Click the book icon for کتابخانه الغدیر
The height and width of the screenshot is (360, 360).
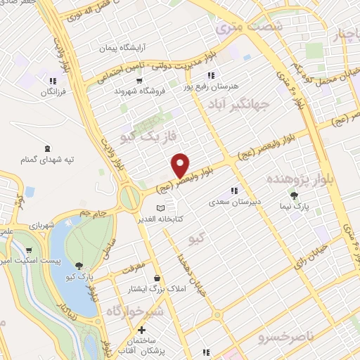click(x=161, y=208)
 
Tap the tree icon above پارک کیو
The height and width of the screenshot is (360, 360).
click(x=79, y=266)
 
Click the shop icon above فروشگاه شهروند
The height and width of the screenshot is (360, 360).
click(x=143, y=79)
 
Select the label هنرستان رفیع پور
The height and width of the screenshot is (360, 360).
click(x=211, y=86)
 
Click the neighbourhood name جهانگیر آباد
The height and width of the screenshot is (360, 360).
click(x=239, y=105)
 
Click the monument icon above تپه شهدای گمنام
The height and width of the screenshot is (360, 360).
click(x=47, y=148)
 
